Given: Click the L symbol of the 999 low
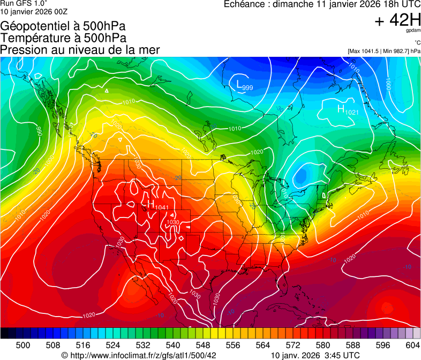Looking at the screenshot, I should (239, 84).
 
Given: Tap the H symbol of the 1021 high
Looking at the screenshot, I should (341, 109).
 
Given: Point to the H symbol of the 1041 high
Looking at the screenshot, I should (151, 204).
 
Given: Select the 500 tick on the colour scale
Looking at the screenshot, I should (23, 344).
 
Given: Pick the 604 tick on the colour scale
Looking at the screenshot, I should (412, 344).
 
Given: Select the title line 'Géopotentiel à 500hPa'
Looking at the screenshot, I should (63, 26).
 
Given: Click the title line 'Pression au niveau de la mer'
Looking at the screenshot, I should (80, 50).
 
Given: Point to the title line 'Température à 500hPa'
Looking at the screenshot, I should (63, 38).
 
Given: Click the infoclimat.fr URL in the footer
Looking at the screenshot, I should (143, 355).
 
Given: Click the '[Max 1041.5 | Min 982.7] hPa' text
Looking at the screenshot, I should (384, 51).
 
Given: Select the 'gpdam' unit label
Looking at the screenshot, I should (414, 32).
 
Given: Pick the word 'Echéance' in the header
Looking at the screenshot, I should (244, 5).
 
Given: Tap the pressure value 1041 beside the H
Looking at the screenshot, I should (162, 207).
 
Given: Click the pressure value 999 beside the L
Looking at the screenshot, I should (247, 88).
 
